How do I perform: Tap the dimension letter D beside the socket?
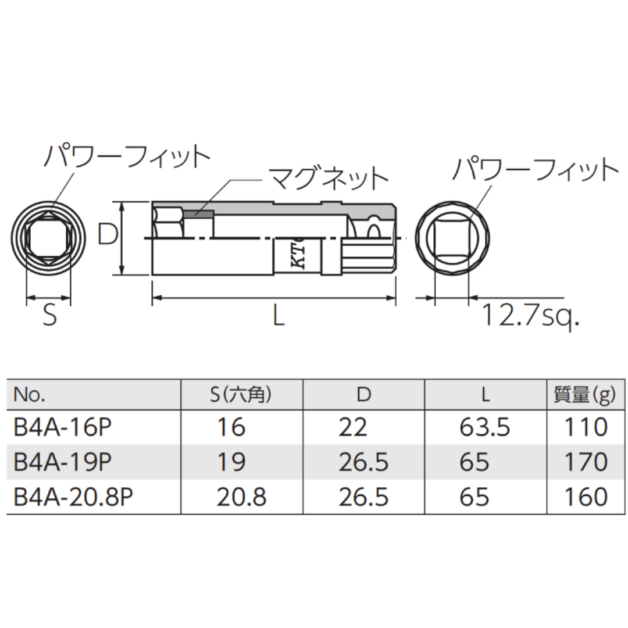click(108, 235)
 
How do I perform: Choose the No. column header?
click(29, 395)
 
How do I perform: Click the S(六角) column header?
click(240, 395)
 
